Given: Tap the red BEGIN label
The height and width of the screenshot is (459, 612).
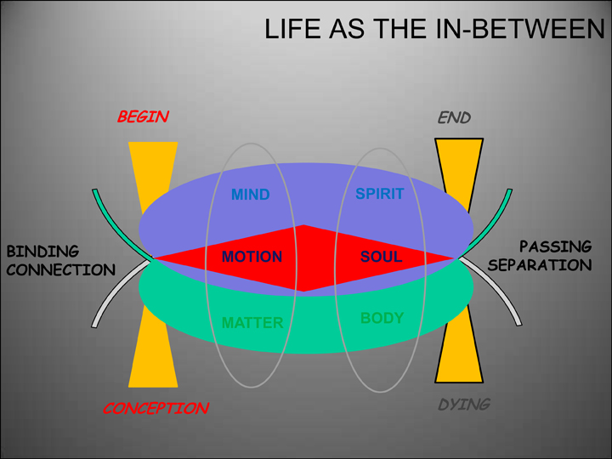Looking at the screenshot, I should coord(143,117).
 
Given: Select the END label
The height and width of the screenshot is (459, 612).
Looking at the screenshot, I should coord(454,117).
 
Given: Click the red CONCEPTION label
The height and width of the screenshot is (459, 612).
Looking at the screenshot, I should coord(156,409).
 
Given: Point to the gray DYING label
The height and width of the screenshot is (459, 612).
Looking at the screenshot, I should coord(464,405).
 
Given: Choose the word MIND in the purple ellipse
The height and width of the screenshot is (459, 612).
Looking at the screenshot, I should coord(250,195).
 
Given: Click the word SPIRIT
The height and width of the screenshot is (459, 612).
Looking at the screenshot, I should coord(379,195).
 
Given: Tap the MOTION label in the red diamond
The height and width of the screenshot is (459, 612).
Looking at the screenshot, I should coord(252,257).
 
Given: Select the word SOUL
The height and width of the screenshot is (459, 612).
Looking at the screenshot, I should coord(382,257).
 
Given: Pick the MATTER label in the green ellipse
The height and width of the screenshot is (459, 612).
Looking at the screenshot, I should coord(252,323).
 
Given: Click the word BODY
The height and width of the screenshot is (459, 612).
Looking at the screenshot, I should coord(382,319).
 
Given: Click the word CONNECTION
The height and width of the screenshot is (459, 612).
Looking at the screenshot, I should coord(60,270).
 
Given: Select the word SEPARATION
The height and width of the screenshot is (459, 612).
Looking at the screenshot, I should coord(541,265).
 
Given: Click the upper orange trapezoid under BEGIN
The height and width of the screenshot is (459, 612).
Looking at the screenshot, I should coord(152,166).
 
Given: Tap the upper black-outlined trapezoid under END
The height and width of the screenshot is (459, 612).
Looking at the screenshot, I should coord(459,166).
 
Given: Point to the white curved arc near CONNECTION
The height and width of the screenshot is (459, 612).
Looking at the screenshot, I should coord(115,297).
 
